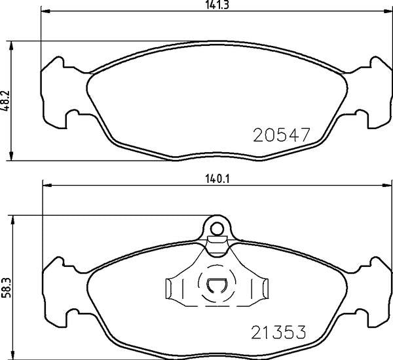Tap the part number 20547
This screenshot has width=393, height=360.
coord(280,135)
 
